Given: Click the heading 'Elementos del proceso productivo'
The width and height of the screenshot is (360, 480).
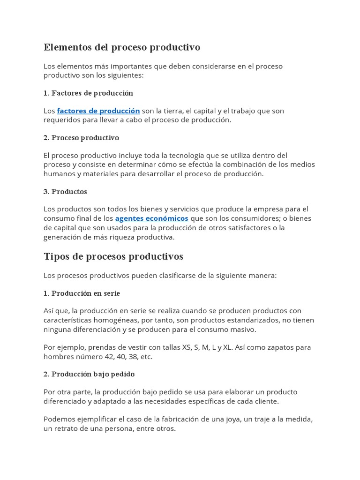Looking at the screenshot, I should [x=122, y=47].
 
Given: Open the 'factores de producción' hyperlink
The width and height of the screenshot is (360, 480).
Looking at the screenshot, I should [x=98, y=111].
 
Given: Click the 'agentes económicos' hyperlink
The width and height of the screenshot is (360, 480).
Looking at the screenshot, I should [x=151, y=219].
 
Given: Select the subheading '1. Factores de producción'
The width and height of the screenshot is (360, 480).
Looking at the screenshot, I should [x=89, y=93].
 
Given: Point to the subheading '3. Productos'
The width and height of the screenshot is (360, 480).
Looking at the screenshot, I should [x=65, y=192].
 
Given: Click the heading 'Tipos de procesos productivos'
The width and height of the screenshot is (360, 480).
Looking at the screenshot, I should [x=113, y=257].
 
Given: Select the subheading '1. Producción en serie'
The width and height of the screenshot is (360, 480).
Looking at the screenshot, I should [x=82, y=293].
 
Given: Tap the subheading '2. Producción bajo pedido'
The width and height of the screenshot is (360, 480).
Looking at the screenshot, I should [x=89, y=375].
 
